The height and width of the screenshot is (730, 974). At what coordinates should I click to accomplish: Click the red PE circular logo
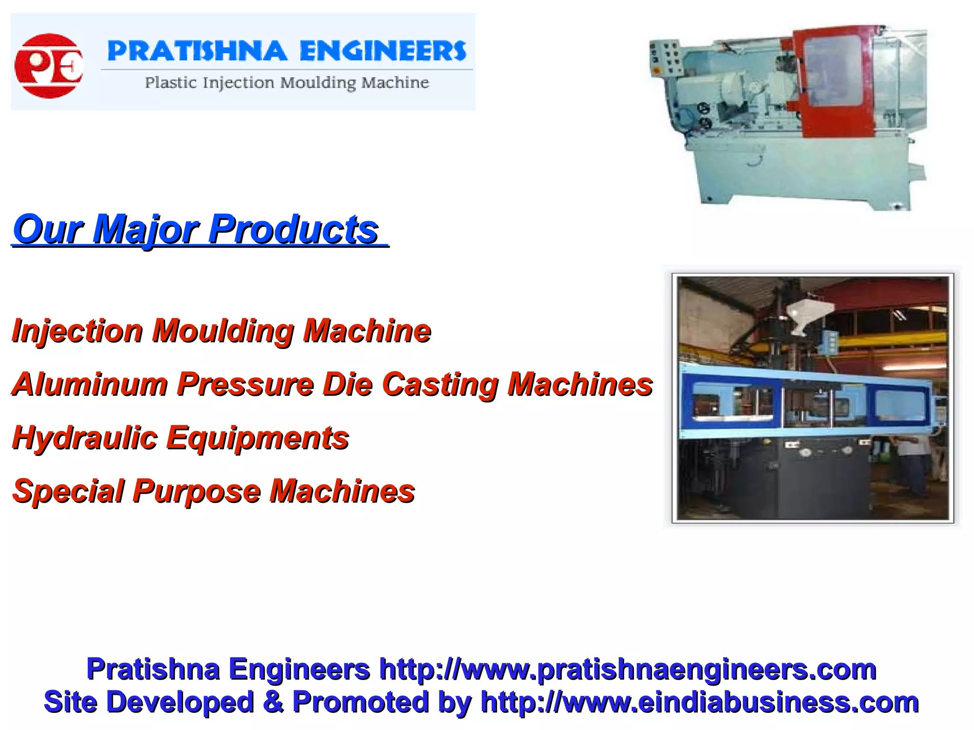click(49, 66)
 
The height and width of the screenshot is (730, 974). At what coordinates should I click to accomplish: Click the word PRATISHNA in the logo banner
click(197, 51)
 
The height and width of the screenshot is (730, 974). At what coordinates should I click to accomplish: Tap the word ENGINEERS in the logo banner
click(383, 51)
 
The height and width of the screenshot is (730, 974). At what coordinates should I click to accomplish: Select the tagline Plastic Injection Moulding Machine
click(287, 83)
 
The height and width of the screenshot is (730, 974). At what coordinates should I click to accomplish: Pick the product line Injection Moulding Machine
click(222, 331)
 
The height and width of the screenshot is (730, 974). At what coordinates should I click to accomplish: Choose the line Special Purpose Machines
click(214, 491)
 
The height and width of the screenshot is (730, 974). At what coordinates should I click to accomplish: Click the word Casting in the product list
click(440, 384)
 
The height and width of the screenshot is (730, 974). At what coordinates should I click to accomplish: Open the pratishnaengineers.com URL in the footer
click(627, 670)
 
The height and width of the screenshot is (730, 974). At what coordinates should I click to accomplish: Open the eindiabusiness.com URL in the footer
click(700, 702)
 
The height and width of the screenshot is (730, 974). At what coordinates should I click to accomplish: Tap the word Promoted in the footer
click(360, 702)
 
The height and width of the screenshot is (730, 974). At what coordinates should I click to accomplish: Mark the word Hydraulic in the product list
click(85, 438)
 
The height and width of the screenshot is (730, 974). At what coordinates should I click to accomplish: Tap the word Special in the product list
click(68, 491)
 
